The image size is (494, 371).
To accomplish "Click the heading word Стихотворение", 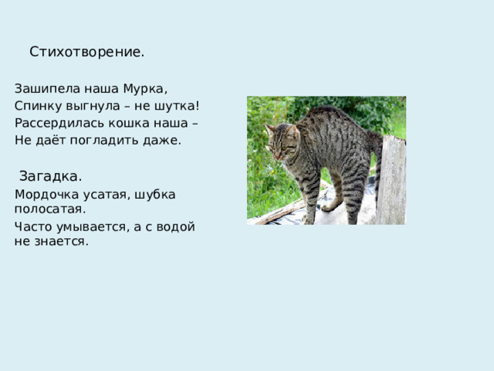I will (x=86, y=53).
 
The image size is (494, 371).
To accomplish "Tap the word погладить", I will (x=105, y=140).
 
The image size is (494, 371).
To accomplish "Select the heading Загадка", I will (x=51, y=175).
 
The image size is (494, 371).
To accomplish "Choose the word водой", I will (x=177, y=226).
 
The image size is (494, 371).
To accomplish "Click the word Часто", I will (x=32, y=226).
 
